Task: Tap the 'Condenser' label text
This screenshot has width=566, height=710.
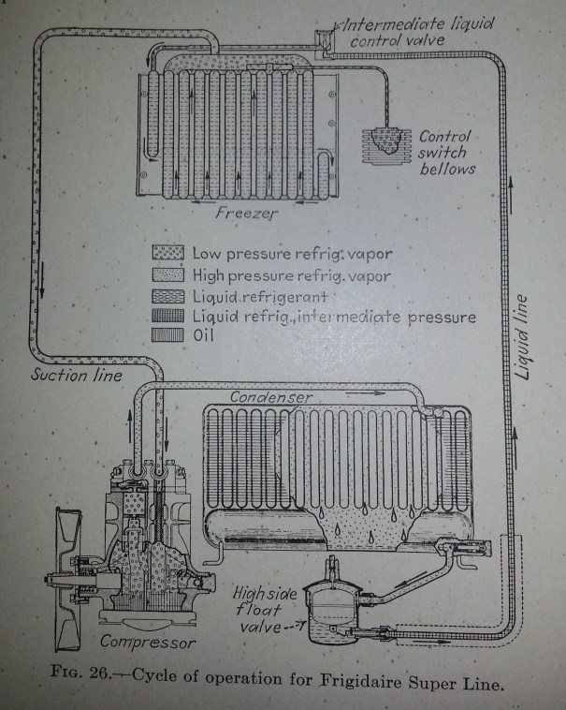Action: click(x=268, y=397)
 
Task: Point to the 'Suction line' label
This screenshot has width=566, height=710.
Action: click(x=65, y=376)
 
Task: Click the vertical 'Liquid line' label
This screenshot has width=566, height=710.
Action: click(x=525, y=335)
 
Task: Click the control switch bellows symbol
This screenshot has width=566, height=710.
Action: click(x=385, y=144)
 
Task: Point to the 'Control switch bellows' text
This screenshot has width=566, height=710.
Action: click(x=447, y=152)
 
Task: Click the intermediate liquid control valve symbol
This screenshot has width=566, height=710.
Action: click(x=325, y=37)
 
